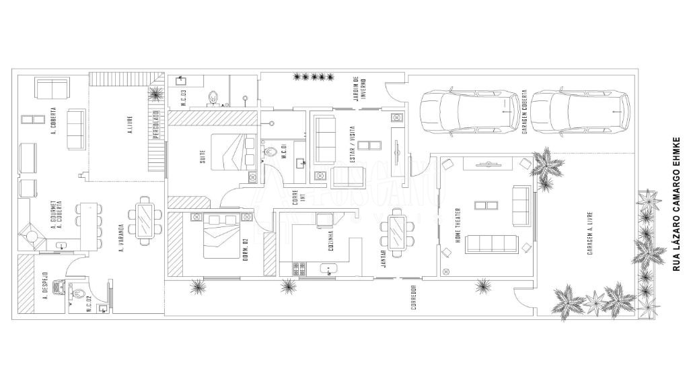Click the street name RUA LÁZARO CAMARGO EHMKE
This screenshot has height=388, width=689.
click(678, 204)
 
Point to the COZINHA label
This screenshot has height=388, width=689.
click(330, 242)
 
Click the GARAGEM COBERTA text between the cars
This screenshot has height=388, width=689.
click(524, 112)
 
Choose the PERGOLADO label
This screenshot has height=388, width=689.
click(155, 125)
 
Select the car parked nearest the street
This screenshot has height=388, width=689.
click(579, 112)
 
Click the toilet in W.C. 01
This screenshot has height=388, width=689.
click(271, 153)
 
